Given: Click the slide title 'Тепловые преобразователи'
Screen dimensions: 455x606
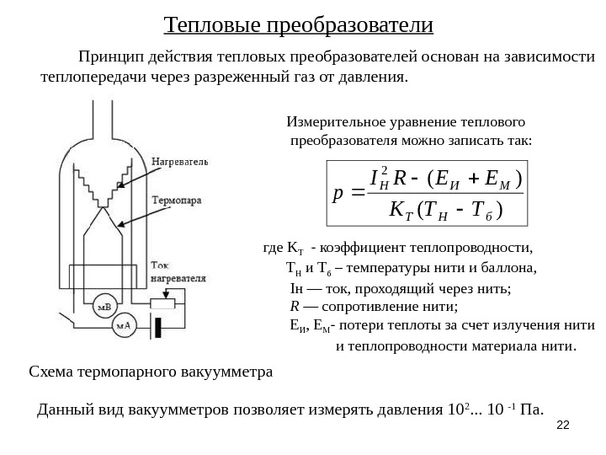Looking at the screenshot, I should point(298,24).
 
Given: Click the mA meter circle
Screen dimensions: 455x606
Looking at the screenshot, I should point(125,325).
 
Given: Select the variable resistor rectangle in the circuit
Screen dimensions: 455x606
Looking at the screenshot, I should point(168,302).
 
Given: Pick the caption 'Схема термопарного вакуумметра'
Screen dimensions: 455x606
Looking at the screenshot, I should point(151,372).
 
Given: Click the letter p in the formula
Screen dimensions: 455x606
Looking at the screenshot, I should point(337,192).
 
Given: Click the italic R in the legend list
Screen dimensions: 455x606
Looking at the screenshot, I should point(295,306).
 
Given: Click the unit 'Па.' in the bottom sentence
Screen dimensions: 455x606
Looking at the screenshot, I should point(533,410).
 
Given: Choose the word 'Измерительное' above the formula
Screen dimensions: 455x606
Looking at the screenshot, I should point(332,120).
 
